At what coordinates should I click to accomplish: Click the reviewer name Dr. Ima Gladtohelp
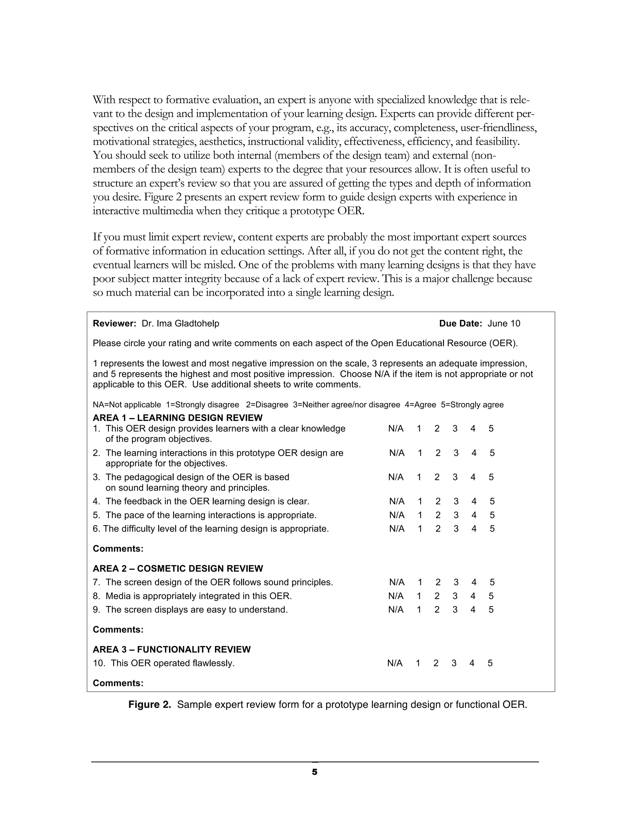pos(180,323)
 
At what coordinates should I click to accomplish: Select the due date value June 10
pos(504,323)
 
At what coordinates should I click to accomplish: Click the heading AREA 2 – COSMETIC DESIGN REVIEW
pos(178,569)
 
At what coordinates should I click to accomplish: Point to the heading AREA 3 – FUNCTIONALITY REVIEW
pos(172,650)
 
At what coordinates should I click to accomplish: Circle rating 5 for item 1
pos(491,429)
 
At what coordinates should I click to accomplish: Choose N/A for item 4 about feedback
pos(397,501)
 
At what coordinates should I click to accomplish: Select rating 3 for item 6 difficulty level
pos(456,529)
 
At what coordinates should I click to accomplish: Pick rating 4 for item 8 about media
pos(473,596)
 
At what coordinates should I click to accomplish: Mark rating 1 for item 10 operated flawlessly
pos(418,663)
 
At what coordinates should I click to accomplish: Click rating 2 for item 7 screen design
pos(438,582)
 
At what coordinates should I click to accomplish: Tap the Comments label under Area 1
pos(118,549)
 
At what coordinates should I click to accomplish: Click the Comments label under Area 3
pos(118,683)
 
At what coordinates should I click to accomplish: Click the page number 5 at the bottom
pos(315,772)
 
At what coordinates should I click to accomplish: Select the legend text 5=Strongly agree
pos(472,405)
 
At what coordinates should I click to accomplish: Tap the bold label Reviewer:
pos(114,323)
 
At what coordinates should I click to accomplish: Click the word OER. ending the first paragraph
pos(350,211)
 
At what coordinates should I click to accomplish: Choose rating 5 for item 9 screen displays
pos(491,610)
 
